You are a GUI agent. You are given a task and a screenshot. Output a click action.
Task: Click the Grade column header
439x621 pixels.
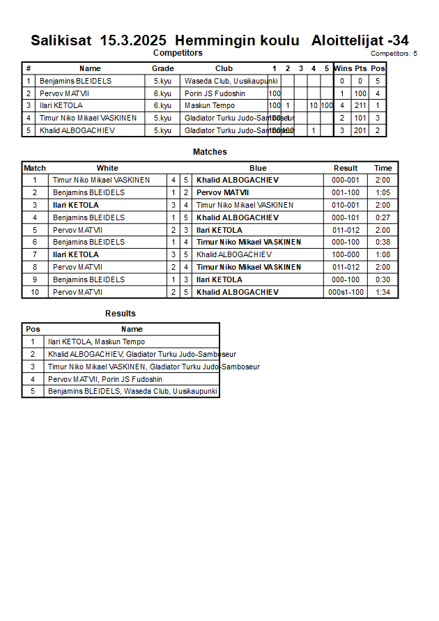click(162, 68)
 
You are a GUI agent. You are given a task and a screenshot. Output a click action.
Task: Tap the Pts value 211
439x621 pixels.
click(360, 105)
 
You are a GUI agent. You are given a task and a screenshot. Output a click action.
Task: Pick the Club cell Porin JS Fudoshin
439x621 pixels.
click(215, 93)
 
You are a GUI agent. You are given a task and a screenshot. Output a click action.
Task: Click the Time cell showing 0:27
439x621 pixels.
click(383, 217)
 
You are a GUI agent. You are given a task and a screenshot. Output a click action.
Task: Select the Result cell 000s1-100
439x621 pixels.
click(346, 292)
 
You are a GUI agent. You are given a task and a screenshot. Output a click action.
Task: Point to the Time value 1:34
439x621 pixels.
click(383, 292)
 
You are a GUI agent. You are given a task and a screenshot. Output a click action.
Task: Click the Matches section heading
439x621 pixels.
click(210, 152)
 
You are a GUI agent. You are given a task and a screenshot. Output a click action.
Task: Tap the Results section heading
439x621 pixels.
click(121, 314)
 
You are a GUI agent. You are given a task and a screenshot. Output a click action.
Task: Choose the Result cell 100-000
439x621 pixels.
click(346, 254)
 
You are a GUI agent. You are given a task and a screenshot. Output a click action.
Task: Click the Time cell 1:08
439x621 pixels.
click(383, 254)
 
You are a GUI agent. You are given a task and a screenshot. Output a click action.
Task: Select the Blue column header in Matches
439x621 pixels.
click(258, 168)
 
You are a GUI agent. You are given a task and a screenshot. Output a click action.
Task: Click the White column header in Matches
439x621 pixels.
click(107, 168)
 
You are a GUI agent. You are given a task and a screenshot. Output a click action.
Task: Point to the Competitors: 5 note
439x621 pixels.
click(394, 53)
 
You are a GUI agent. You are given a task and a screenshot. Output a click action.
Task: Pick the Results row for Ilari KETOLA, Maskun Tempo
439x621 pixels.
click(96, 342)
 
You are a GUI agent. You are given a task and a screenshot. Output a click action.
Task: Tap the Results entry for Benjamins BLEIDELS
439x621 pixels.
click(132, 391)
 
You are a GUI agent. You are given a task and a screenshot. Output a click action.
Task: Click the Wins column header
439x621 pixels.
click(343, 68)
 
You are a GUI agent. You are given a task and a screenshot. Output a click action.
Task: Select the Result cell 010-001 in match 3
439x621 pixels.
click(346, 205)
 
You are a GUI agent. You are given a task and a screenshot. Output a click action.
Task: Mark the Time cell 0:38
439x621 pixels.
click(383, 242)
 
